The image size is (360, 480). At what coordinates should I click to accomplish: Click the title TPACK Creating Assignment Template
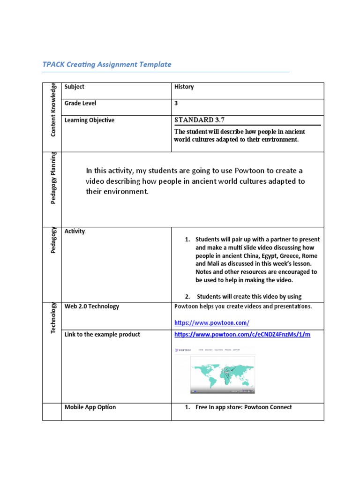point(107,65)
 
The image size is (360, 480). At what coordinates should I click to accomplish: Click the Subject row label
point(75,87)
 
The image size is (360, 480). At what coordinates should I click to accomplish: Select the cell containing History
point(184,87)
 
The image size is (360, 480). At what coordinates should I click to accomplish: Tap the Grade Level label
point(80,103)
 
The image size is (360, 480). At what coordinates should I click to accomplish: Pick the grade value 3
point(176,103)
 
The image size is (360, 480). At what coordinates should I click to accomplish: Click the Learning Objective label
point(89,120)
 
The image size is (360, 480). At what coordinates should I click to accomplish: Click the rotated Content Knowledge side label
point(53,110)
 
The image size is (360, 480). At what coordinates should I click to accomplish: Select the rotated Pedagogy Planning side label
point(53,185)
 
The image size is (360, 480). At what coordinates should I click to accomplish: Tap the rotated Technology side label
point(53,318)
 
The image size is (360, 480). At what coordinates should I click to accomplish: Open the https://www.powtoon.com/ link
point(211,323)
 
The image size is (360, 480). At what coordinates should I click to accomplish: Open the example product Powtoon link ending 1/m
point(242,335)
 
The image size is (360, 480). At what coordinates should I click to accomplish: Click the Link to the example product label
point(102,335)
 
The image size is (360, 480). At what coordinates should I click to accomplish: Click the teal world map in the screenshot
point(222,373)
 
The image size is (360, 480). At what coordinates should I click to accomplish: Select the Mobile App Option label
point(90,407)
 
